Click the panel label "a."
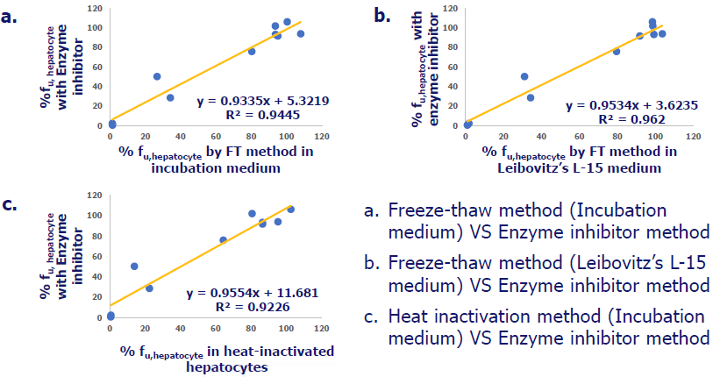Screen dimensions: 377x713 pos(11,14)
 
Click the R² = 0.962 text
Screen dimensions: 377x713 pos(624,118)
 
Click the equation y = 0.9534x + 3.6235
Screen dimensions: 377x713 pos(623,105)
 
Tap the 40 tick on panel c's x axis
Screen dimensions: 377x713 pos(181,329)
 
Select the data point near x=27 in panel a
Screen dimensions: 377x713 pos(157,76)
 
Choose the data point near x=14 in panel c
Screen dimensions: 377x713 pos(134,266)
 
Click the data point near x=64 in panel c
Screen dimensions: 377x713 pos(223,239)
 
